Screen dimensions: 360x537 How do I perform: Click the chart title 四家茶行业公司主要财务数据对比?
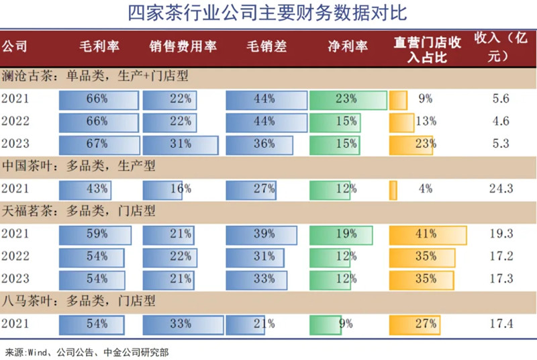268,14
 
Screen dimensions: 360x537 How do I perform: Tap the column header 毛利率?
100,47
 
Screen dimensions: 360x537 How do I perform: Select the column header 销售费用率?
183,47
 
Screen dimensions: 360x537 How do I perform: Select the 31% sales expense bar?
180,144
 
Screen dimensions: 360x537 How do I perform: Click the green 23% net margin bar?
348,99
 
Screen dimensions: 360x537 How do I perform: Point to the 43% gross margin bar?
85,189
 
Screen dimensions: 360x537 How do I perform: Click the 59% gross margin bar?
97,234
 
